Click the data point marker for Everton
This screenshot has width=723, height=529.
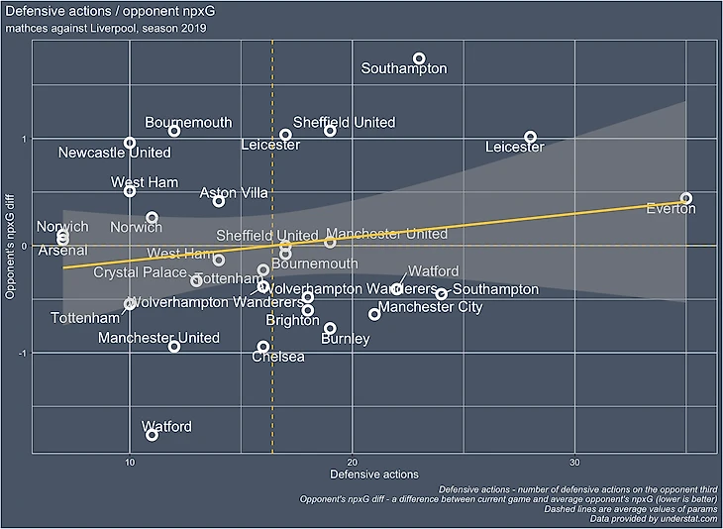pyautogui.click(x=686, y=199)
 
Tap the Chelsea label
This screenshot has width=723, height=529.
pyautogui.click(x=278, y=357)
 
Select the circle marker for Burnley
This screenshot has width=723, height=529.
pyautogui.click(x=330, y=328)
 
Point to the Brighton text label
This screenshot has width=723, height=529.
pyautogui.click(x=292, y=321)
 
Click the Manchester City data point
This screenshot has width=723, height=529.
pyautogui.click(x=374, y=314)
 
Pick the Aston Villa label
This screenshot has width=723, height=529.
pyautogui.click(x=234, y=193)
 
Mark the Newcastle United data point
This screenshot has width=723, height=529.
pyautogui.click(x=130, y=143)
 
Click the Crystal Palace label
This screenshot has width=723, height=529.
pyautogui.click(x=140, y=272)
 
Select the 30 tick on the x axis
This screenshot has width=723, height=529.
pyautogui.click(x=574, y=463)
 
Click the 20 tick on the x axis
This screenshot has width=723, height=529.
pyautogui.click(x=352, y=463)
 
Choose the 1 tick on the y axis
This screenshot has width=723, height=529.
pyautogui.click(x=24, y=138)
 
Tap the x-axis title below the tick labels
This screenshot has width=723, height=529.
pyautogui.click(x=373, y=476)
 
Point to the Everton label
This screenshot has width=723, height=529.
pyautogui.click(x=671, y=209)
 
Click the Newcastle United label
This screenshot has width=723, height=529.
pyautogui.click(x=115, y=154)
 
